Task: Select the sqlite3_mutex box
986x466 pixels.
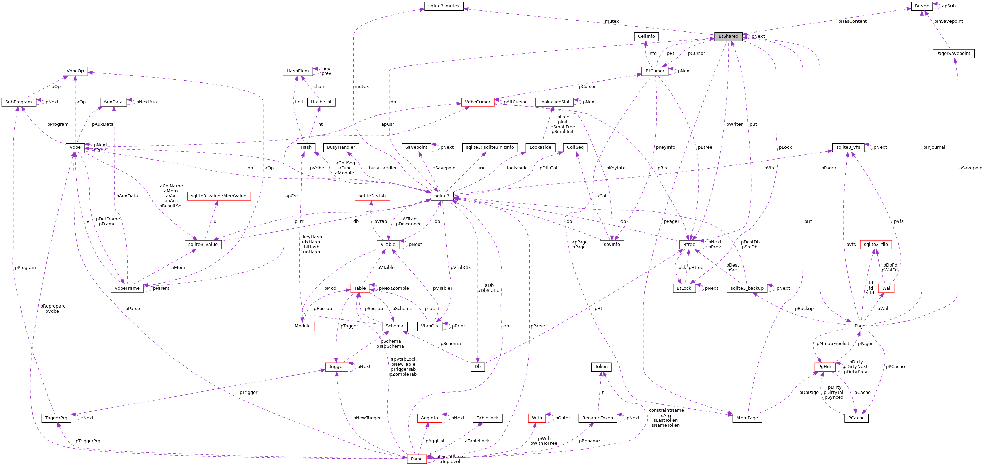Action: (x=444, y=6)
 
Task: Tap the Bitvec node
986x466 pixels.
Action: (x=921, y=6)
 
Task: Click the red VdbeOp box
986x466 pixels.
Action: (x=75, y=71)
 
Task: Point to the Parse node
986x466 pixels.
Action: (x=417, y=459)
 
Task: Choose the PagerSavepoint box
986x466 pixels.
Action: (x=953, y=54)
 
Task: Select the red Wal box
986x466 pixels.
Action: (x=886, y=288)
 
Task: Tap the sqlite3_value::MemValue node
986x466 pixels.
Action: (x=218, y=196)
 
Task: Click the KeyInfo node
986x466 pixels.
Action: (x=611, y=245)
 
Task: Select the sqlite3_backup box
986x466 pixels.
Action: (x=747, y=288)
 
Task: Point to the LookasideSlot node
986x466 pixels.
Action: (x=554, y=102)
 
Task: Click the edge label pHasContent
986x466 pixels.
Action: (x=852, y=21)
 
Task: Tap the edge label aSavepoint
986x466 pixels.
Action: (x=971, y=168)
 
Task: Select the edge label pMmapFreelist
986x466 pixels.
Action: (x=832, y=344)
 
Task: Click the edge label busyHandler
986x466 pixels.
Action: (x=382, y=168)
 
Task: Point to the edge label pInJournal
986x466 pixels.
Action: (x=934, y=147)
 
